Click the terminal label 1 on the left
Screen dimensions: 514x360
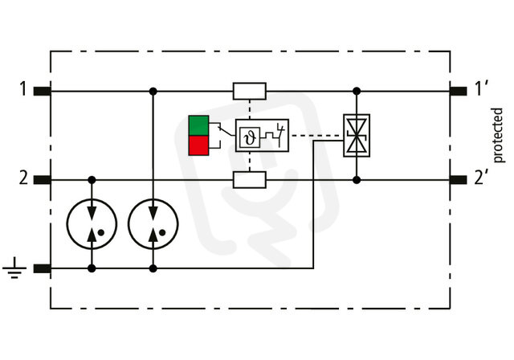[23, 89]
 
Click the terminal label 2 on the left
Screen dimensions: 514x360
[23, 178]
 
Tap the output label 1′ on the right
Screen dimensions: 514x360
[482, 89]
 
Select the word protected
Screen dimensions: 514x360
[498, 135]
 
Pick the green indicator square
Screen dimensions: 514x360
[198, 125]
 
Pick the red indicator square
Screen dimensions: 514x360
[198, 145]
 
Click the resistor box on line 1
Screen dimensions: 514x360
[250, 91]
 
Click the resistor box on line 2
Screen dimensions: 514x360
[250, 180]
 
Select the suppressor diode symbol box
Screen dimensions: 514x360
[357, 136]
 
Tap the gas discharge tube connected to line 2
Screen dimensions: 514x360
[92, 223]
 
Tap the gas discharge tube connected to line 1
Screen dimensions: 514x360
[153, 223]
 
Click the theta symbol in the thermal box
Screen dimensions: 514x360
[250, 137]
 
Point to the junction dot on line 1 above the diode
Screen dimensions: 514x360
[357, 91]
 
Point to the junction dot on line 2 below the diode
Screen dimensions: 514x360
[357, 180]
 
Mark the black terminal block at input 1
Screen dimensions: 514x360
[43, 91]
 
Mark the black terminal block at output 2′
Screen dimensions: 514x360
[459, 180]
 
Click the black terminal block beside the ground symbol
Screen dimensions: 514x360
[43, 269]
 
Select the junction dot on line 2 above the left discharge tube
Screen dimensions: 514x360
[92, 180]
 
